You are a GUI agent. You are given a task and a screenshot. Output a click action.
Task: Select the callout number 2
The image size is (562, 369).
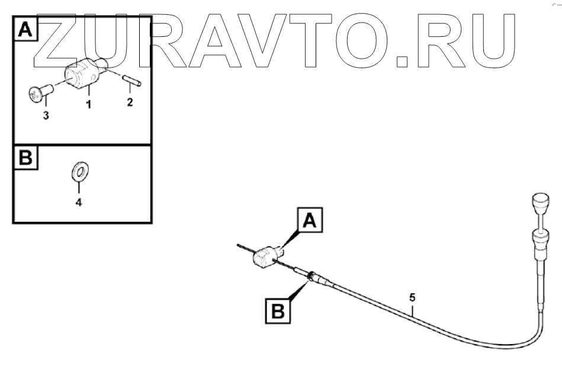(x=130, y=102)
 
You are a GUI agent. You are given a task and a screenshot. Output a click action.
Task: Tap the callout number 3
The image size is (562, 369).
(x=46, y=116)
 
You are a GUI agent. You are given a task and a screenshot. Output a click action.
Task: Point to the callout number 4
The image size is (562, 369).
(x=78, y=202)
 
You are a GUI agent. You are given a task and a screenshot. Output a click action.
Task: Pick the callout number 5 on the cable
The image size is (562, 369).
(x=413, y=296)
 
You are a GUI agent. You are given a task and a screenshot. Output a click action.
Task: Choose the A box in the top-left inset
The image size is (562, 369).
(x=25, y=30)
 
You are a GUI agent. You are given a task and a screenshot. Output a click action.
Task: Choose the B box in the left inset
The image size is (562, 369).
(x=25, y=158)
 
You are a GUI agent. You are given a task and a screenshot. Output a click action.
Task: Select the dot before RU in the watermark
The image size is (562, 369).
(x=403, y=59)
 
